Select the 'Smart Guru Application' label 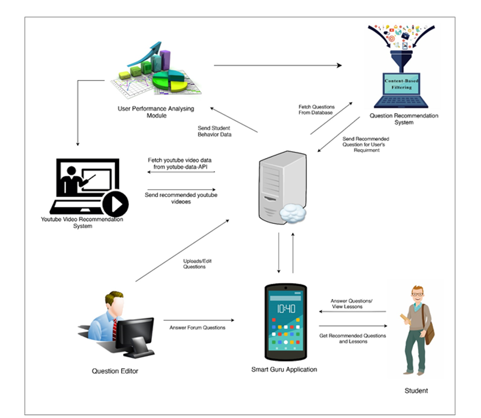[x=284, y=369]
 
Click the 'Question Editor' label [x=115, y=371]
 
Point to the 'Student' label [x=416, y=391]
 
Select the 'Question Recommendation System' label [x=404, y=119]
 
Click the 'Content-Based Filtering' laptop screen [x=402, y=84]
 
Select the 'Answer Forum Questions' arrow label [x=198, y=328]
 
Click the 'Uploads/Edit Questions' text [x=194, y=264]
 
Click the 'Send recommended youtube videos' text [x=181, y=198]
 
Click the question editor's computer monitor [x=134, y=332]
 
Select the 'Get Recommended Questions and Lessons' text [x=353, y=338]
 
